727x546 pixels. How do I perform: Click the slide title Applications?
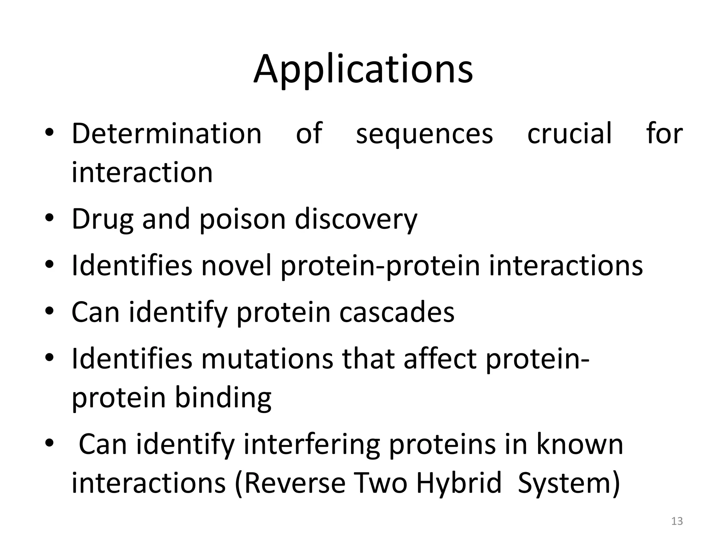pos(363,69)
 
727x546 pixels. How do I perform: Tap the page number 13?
pos(677,521)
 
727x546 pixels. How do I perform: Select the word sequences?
pos(424,134)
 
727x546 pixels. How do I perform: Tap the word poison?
pos(242,220)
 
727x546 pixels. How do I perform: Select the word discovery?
pos(356,220)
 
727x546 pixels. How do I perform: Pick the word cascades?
pos(397,312)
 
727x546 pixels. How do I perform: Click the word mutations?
pos(267,359)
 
